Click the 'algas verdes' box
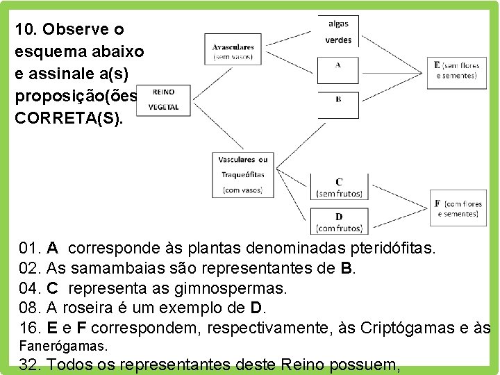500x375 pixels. [338, 32]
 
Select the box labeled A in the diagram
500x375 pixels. [338, 67]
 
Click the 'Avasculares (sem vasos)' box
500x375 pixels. [233, 51]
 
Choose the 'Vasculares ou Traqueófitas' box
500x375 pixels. [242, 175]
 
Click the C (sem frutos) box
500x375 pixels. [339, 187]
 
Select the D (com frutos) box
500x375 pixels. [339, 222]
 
